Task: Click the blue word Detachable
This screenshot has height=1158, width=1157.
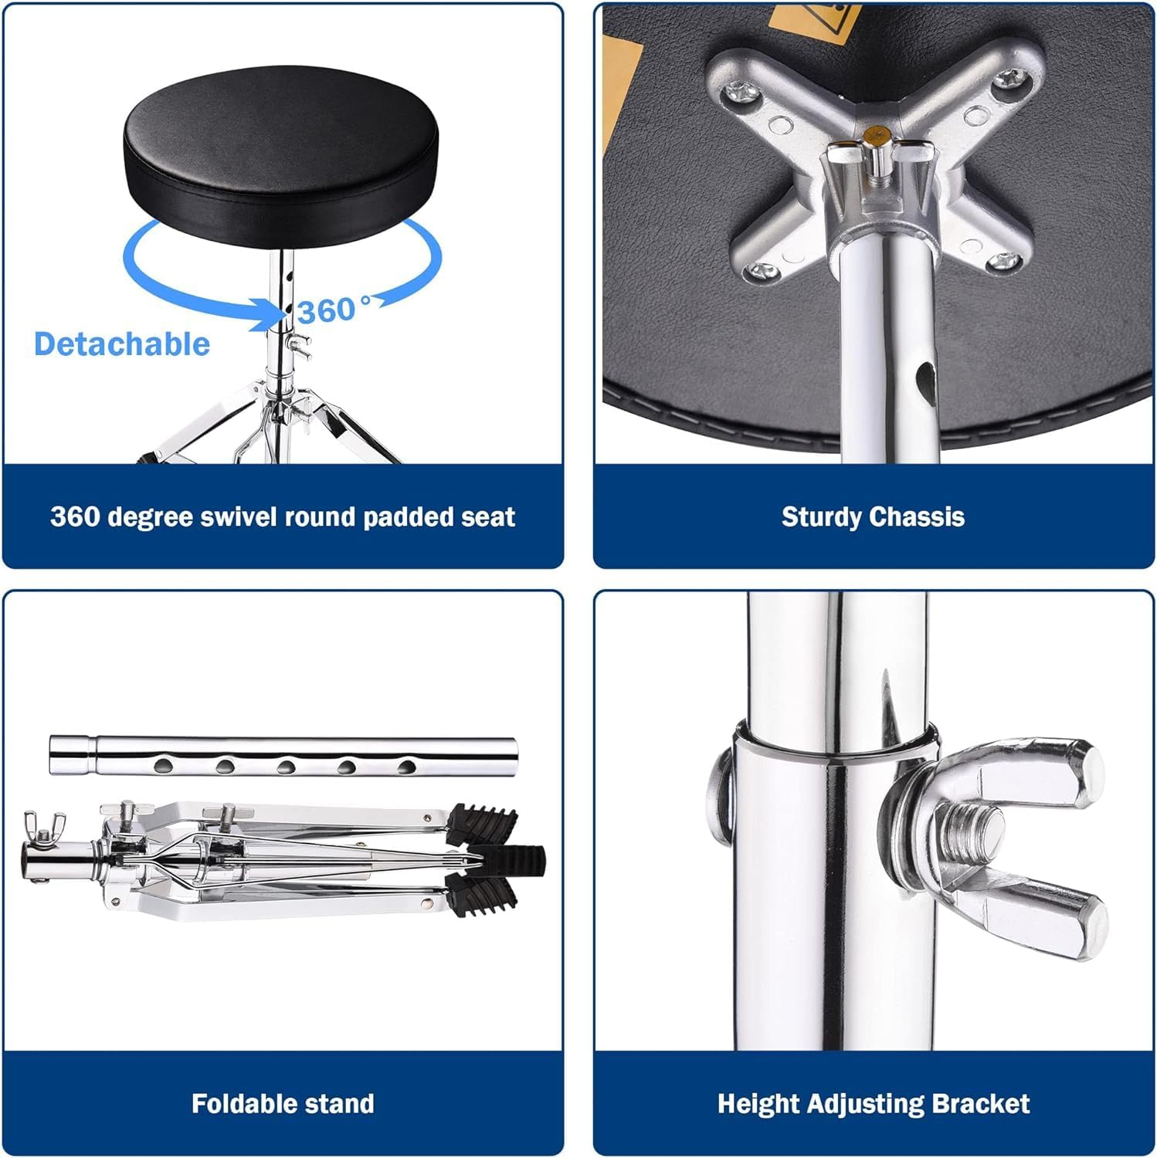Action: coord(122,344)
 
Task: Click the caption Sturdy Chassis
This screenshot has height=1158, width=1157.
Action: coord(873,516)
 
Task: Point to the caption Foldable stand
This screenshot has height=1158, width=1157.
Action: coord(283,1103)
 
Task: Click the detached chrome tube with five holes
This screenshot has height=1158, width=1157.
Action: coord(283,754)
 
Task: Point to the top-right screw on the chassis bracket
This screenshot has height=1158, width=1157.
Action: coord(1009,77)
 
